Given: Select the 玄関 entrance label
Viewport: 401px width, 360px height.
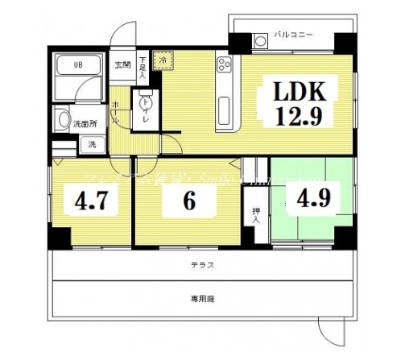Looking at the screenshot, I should click(x=122, y=64).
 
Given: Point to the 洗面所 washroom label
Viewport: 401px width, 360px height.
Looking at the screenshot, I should click(x=83, y=124).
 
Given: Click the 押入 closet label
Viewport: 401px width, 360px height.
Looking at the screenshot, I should click(x=255, y=213).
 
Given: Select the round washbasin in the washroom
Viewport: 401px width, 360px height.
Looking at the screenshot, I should click(x=62, y=120).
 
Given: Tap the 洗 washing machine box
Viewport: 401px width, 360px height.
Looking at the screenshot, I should click(x=90, y=145).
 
